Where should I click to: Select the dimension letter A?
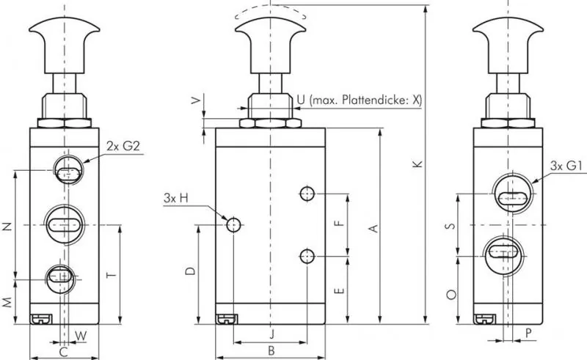[x=373, y=229]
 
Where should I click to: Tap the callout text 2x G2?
[x=123, y=146]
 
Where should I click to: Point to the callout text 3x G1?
[x=566, y=166]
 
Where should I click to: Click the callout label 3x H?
[x=175, y=198]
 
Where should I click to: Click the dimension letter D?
[x=189, y=271]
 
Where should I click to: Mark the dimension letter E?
[x=338, y=290]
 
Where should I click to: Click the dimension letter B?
[x=271, y=350]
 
